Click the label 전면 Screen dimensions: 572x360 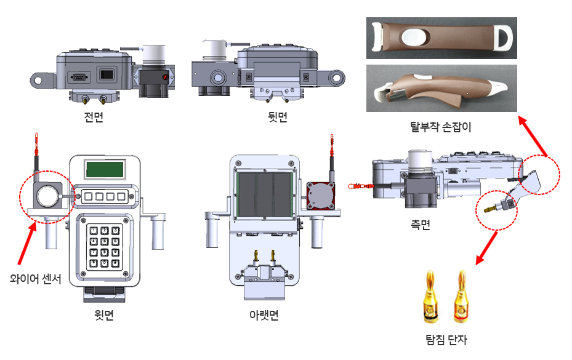[94, 117]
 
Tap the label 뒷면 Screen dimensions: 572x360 [277, 117]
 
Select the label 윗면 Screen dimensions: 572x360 [104, 314]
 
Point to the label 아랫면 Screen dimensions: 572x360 [264, 314]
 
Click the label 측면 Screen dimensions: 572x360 [421, 225]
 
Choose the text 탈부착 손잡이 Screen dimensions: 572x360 [441, 127]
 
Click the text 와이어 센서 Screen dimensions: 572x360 [35, 279]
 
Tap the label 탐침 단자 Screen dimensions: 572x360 [446, 340]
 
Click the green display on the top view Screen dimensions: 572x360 [105, 169]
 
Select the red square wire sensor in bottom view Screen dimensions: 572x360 [321, 196]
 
